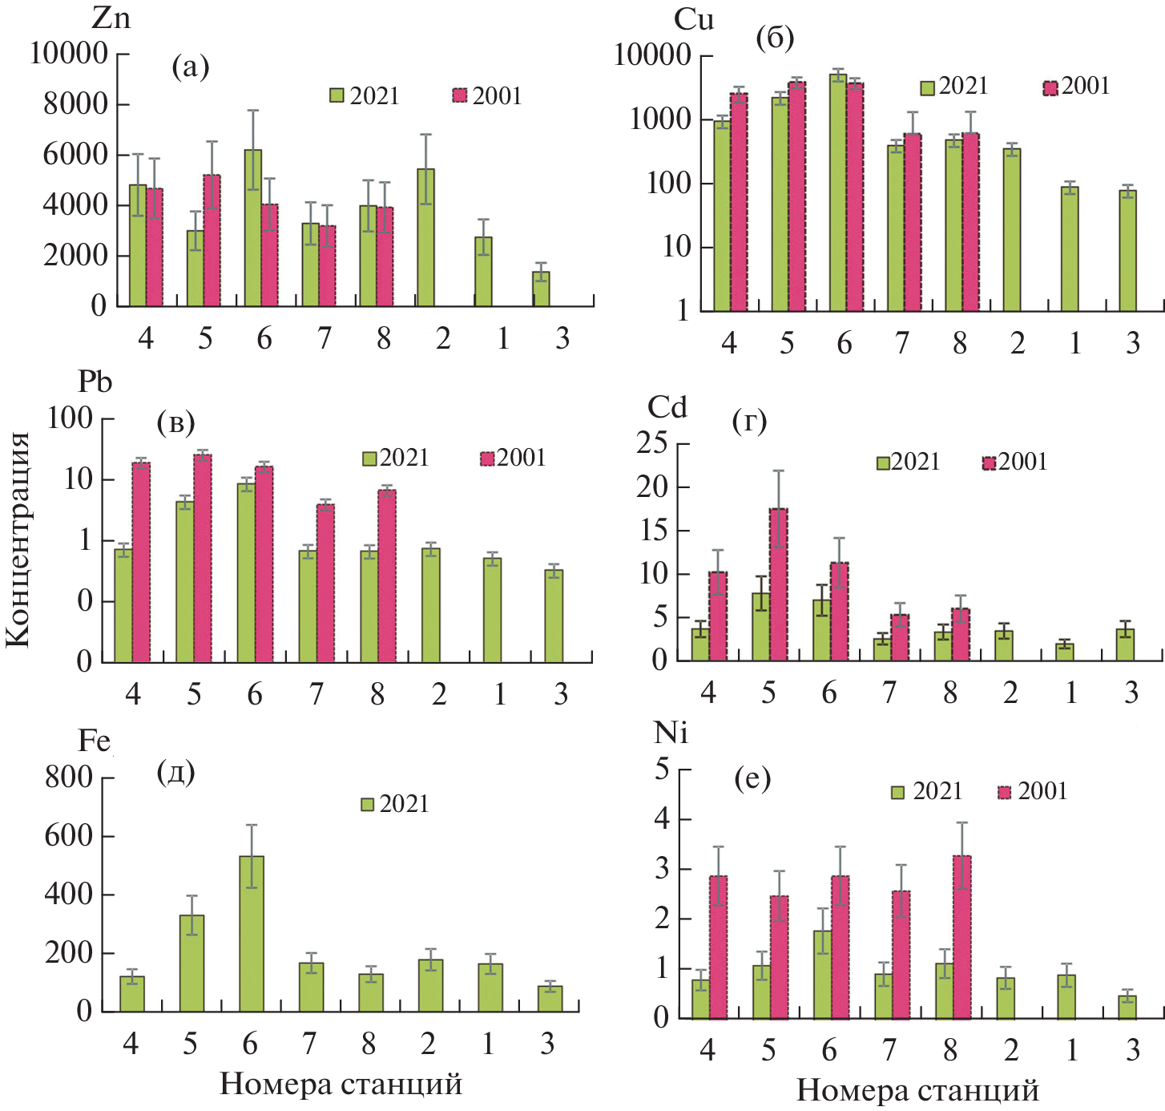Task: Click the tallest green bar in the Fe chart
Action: (x=251, y=934)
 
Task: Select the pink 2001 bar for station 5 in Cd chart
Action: (x=778, y=584)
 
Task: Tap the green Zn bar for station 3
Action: (x=541, y=289)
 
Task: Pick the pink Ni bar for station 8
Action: (x=961, y=937)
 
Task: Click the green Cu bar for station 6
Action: (x=837, y=192)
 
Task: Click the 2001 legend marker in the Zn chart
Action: (x=460, y=95)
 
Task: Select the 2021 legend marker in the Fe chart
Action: (x=368, y=804)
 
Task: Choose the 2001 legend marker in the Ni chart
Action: (x=1005, y=792)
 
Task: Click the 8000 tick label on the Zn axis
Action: (x=75, y=103)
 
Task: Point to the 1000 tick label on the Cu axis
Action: (x=659, y=119)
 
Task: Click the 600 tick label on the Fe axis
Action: (x=69, y=835)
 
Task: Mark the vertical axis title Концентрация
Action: (x=18, y=539)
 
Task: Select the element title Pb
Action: (x=95, y=382)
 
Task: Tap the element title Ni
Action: (x=671, y=732)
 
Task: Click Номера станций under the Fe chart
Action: (x=341, y=1084)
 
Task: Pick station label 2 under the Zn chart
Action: (x=443, y=338)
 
